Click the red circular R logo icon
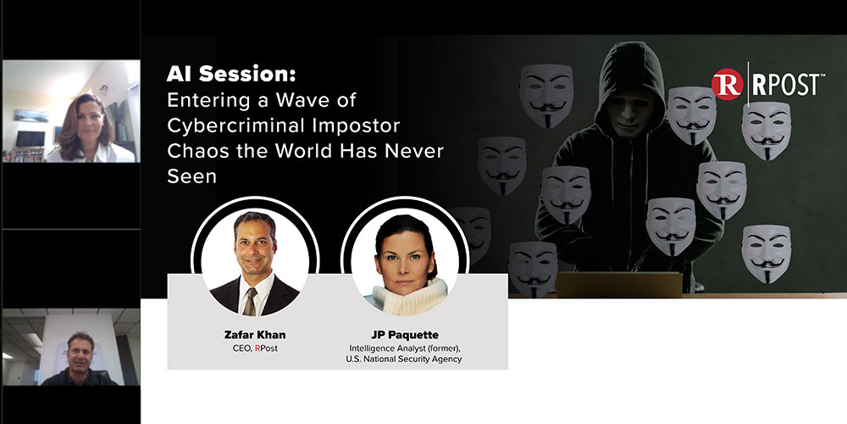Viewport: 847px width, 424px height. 727,86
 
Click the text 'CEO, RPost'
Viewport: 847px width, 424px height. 253,348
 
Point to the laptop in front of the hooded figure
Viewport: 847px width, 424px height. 618,285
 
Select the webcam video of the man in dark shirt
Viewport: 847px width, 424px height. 70,348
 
